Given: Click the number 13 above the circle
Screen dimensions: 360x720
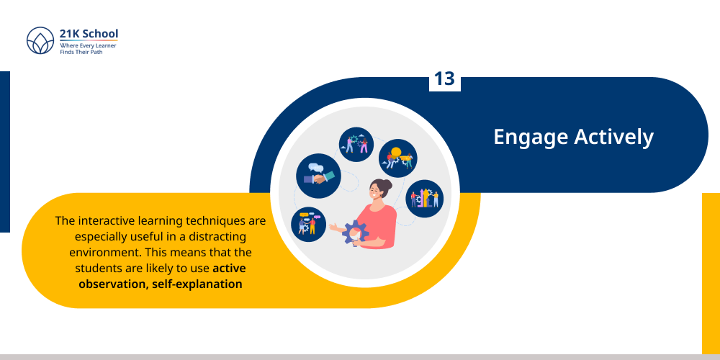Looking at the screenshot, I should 444,79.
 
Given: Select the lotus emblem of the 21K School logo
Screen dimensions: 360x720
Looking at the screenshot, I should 40,41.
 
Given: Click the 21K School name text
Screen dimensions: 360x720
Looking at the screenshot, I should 89,34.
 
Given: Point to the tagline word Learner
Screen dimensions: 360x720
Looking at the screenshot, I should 105,45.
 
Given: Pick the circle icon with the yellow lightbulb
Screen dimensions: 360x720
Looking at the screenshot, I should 398,158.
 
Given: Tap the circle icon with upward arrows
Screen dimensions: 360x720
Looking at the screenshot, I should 425,199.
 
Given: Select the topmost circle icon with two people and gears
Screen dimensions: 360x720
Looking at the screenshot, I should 356,145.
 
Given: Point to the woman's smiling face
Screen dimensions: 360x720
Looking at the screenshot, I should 376,193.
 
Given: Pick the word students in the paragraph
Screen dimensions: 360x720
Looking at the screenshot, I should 99,268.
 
